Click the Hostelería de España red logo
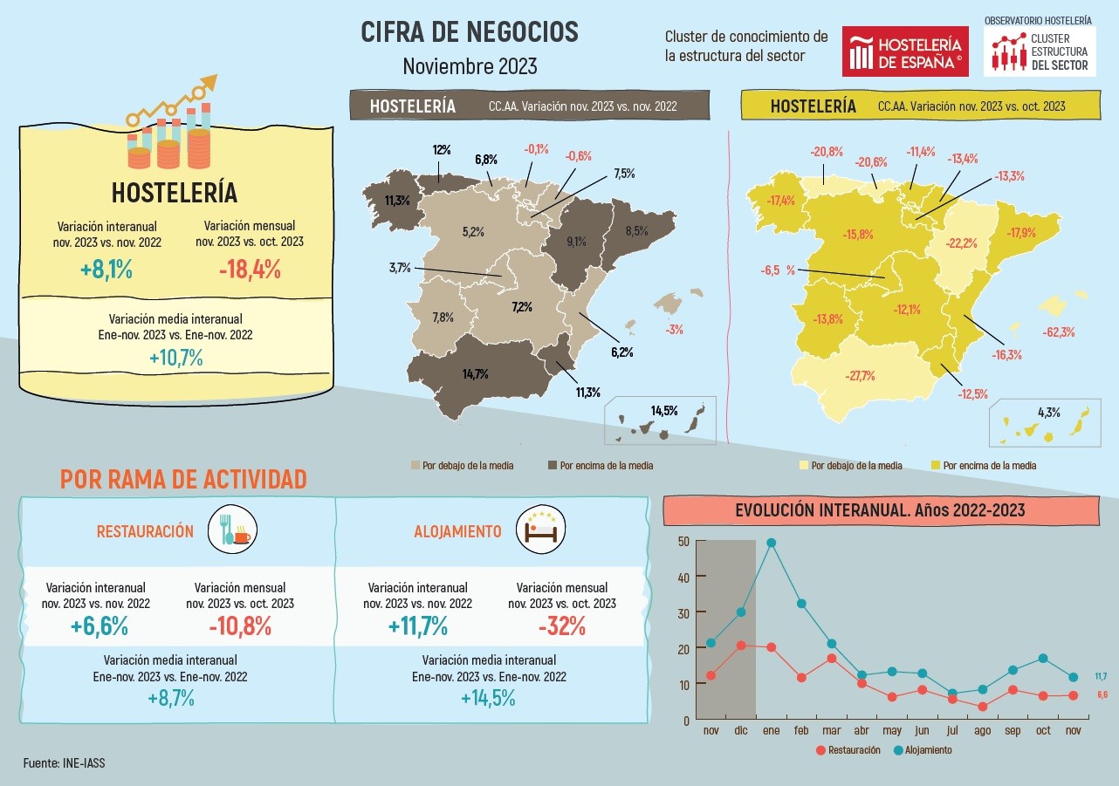tap(905, 51)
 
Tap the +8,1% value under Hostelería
tap(106, 270)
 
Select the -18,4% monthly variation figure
tap(250, 270)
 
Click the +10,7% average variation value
tap(175, 358)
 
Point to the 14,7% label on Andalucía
tap(476, 373)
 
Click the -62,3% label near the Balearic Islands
tap(1058, 332)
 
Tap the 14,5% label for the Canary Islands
tap(663, 410)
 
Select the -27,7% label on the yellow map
tap(860, 376)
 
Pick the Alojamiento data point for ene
tap(771, 543)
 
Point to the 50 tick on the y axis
tap(683, 541)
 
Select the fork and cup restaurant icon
tap(231, 530)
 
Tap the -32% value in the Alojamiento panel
tap(561, 625)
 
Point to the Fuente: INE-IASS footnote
tap(65, 762)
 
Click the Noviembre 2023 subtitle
tap(470, 66)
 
